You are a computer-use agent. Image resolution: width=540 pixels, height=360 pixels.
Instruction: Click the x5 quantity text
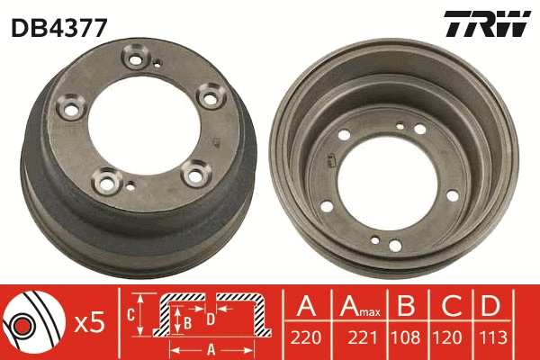tap(88, 320)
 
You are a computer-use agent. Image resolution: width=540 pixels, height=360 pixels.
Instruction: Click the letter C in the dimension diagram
tap(130, 314)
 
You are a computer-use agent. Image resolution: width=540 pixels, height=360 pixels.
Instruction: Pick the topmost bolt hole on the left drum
tap(139, 62)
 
